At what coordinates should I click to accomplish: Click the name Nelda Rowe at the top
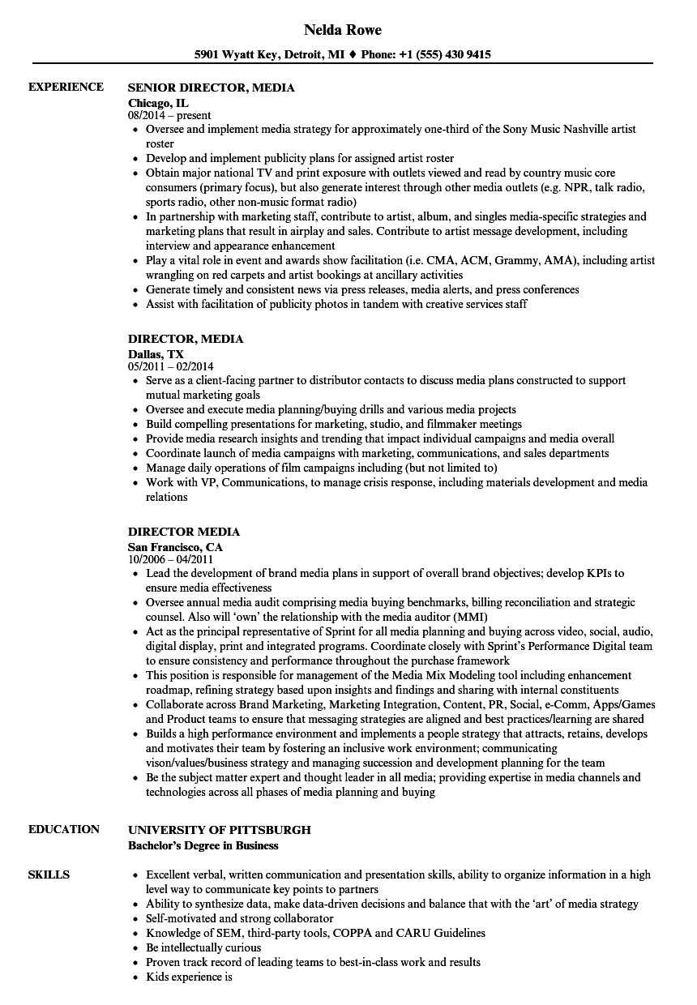point(342,30)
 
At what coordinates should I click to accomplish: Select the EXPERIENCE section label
point(66,87)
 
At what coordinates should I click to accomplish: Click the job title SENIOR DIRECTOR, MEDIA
point(211,88)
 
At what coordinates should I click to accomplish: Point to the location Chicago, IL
point(158,103)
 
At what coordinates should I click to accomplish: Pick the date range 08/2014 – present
point(169,115)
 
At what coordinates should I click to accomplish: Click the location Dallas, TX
point(156,354)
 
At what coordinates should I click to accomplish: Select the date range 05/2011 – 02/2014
point(171,366)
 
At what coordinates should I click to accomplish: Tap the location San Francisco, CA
point(175,547)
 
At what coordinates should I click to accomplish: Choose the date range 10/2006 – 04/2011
point(170,558)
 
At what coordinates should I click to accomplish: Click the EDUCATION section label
point(64,829)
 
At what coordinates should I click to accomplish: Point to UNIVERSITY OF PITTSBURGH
point(219,830)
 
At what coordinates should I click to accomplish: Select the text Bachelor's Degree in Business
point(203,845)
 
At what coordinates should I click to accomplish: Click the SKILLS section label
point(49,875)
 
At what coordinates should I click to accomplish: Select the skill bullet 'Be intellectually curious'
point(203,947)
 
